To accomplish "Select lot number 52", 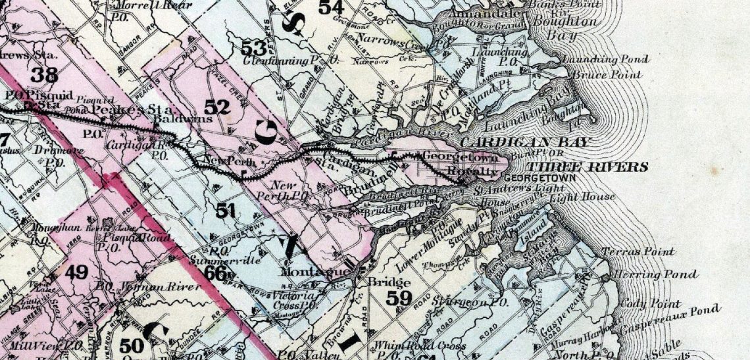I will (218, 107).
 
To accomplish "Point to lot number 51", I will (226, 211).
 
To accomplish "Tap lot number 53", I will (254, 47).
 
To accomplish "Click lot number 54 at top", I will (331, 8).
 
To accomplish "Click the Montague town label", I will (305, 272).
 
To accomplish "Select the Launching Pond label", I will (605, 59).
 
